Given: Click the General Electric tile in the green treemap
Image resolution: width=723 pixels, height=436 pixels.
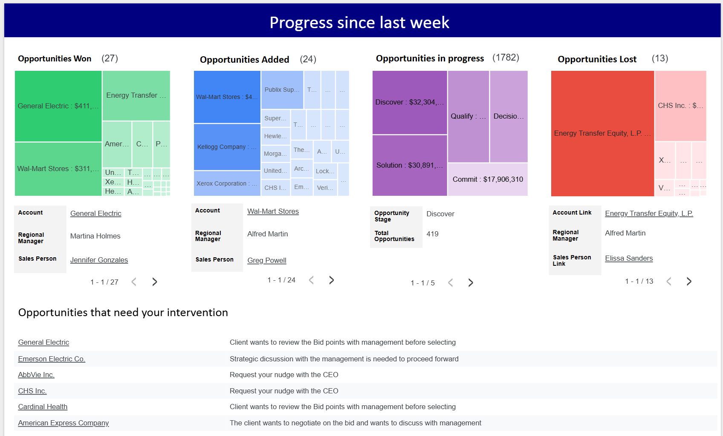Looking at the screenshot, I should (x=58, y=106).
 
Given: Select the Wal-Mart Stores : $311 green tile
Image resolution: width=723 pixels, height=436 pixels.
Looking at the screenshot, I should (x=58, y=169).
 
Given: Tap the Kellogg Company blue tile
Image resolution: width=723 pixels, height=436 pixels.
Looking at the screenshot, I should (x=227, y=147).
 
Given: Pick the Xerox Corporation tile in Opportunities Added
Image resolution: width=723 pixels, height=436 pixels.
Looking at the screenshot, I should (x=227, y=183).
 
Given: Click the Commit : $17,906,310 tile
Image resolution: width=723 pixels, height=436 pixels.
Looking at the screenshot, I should (x=488, y=179).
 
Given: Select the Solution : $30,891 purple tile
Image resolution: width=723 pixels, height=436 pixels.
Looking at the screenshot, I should (x=409, y=165).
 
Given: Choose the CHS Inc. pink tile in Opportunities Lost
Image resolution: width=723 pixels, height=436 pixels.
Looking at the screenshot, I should (x=680, y=106).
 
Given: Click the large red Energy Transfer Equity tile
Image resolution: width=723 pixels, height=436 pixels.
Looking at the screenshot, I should (x=602, y=134).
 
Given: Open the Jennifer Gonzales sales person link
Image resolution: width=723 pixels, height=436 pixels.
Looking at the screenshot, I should (x=99, y=260).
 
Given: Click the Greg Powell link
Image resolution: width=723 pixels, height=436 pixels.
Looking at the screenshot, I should (x=267, y=260).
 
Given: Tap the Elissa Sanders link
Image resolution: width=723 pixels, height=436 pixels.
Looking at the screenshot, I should (x=629, y=258).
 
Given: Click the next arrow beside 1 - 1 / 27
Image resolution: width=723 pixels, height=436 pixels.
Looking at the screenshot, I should (x=155, y=282).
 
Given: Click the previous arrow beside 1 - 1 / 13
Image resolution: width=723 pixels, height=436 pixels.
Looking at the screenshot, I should (x=669, y=281).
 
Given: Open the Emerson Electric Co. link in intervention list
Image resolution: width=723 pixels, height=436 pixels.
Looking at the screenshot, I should (x=52, y=359).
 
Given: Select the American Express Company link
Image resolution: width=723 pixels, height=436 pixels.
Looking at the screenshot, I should (x=64, y=423).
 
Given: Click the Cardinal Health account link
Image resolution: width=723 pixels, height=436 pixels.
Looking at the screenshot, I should (x=43, y=407).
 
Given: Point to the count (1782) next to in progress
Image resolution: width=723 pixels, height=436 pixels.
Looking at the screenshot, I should (x=506, y=58).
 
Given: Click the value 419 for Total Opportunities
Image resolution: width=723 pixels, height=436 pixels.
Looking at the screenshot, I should (x=432, y=234).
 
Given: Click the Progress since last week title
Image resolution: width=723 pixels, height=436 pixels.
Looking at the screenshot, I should (x=359, y=22).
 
